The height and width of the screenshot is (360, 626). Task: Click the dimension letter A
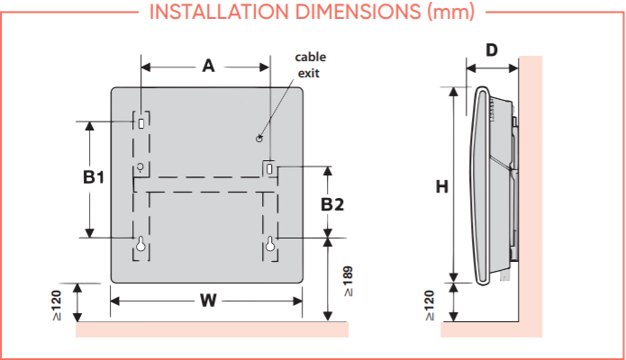(208, 66)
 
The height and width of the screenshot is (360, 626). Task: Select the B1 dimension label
(95, 178)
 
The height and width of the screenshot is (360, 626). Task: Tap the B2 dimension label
(332, 204)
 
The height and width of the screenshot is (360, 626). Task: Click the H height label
(442, 187)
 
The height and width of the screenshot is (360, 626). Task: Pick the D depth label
(491, 49)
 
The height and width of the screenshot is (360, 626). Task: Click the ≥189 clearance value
(348, 281)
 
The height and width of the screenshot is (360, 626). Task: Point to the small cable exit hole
(259, 139)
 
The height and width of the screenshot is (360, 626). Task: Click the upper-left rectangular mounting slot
(141, 120)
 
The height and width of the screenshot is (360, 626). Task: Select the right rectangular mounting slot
(270, 168)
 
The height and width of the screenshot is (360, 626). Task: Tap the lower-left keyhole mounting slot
(141, 244)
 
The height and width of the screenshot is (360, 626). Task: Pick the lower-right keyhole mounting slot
(270, 244)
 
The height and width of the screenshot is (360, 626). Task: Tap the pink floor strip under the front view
(212, 329)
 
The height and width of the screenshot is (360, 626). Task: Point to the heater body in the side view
(491, 180)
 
